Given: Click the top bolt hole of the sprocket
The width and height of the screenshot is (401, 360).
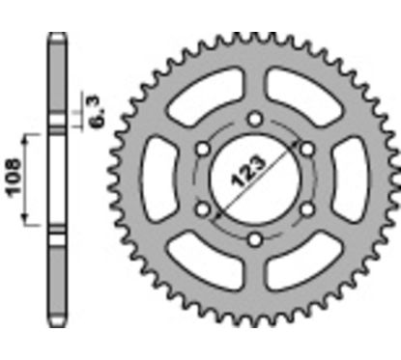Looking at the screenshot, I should (253, 119).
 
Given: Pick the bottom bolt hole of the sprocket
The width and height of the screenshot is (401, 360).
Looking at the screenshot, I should (253, 239).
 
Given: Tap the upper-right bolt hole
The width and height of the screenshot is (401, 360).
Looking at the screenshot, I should (305, 149).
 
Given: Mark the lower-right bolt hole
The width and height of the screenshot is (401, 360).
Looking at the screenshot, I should (305, 209).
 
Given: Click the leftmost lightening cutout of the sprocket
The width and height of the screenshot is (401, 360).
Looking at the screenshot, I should (160, 180).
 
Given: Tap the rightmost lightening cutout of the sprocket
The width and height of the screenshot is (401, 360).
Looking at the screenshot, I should (347, 180).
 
